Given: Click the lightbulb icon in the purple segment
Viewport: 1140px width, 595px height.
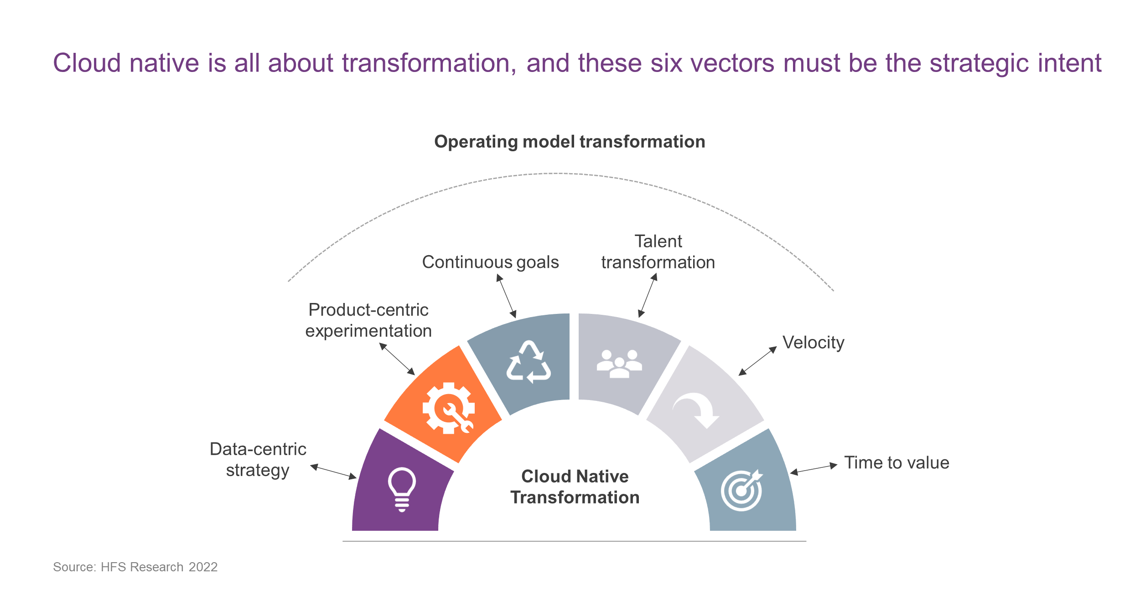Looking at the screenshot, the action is pyautogui.click(x=402, y=490).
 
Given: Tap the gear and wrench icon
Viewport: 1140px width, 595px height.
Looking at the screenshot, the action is pyautogui.click(x=449, y=408).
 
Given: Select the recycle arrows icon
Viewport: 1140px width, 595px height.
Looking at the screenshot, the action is pyautogui.click(x=529, y=362).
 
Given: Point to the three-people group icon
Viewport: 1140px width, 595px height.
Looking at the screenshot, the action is pyautogui.click(x=619, y=364).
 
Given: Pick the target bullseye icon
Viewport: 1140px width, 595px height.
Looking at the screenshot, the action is pyautogui.click(x=742, y=490).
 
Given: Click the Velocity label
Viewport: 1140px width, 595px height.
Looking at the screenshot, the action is pyautogui.click(x=814, y=343).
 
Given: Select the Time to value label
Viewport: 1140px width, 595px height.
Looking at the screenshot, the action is pyautogui.click(x=896, y=463).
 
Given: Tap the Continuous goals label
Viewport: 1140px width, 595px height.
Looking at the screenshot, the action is pyautogui.click(x=490, y=263).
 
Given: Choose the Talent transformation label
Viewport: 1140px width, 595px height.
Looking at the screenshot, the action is pyautogui.click(x=658, y=252).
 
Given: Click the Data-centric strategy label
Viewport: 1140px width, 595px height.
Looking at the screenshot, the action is pyautogui.click(x=258, y=460).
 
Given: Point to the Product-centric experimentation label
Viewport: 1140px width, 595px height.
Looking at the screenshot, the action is pyautogui.click(x=368, y=320).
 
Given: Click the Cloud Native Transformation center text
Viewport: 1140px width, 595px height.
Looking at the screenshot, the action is pyautogui.click(x=575, y=487).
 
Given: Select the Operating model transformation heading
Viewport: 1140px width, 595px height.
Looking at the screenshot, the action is pyautogui.click(x=570, y=142).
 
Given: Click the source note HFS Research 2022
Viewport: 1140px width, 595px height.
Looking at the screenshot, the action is pyautogui.click(x=135, y=567).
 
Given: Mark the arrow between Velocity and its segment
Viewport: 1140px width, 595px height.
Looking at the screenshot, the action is pyautogui.click(x=757, y=361).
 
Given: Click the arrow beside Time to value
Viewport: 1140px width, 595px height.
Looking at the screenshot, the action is pyautogui.click(x=814, y=469).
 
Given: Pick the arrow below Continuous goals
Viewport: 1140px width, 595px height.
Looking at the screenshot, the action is pyautogui.click(x=506, y=296).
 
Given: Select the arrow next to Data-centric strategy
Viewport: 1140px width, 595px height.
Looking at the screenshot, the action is pyautogui.click(x=333, y=472).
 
